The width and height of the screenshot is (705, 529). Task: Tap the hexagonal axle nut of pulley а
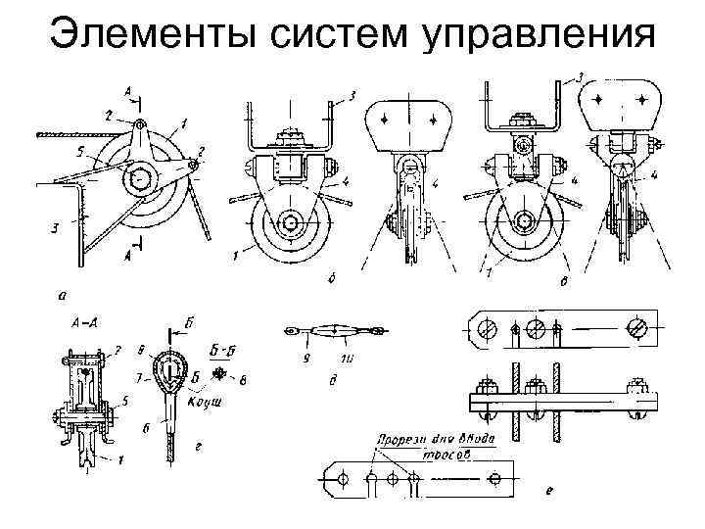(140, 180)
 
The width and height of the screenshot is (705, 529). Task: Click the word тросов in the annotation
(456, 454)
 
